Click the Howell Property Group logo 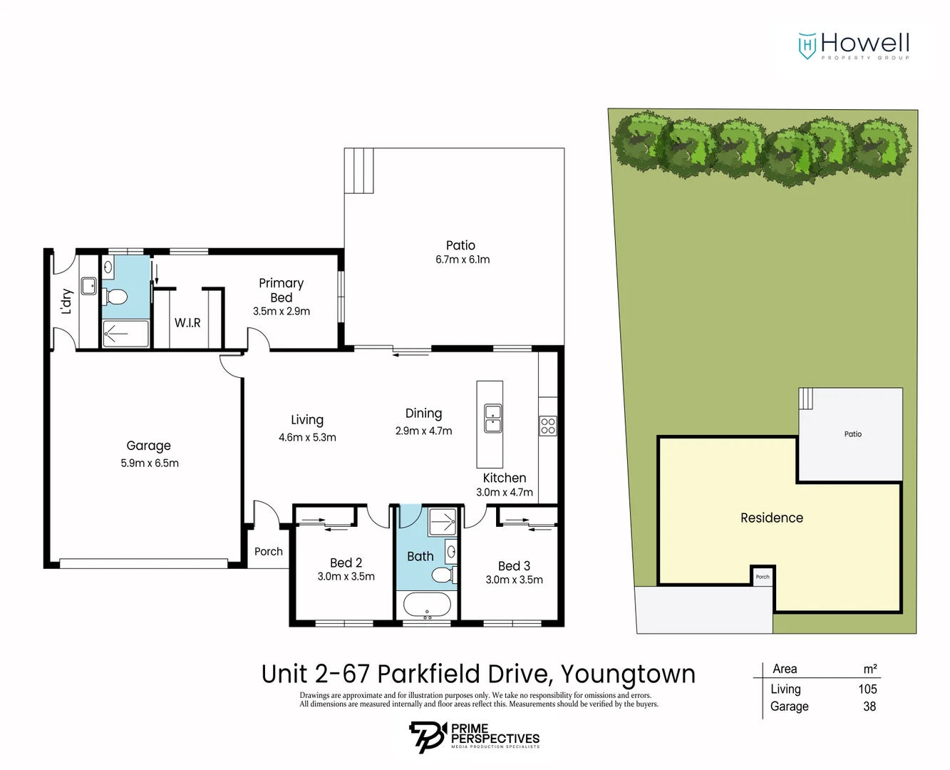click(x=854, y=46)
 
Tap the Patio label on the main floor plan click(x=460, y=245)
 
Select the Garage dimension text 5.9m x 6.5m click(x=150, y=463)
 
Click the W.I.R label click(x=187, y=323)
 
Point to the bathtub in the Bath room click(x=427, y=605)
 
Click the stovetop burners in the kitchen click(x=547, y=426)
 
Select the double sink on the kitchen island click(x=492, y=419)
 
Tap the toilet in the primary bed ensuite click(x=116, y=296)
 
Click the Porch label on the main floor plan click(x=269, y=552)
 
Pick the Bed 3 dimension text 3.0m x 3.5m click(x=514, y=580)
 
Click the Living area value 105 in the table click(x=867, y=689)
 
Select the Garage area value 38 click(x=869, y=707)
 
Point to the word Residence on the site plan click(x=771, y=518)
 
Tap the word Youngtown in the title click(x=628, y=674)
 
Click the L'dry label click(x=66, y=302)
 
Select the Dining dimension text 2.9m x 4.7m click(x=423, y=431)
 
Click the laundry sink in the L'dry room click(x=88, y=286)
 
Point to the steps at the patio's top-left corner click(x=359, y=170)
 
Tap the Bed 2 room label click(x=346, y=563)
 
